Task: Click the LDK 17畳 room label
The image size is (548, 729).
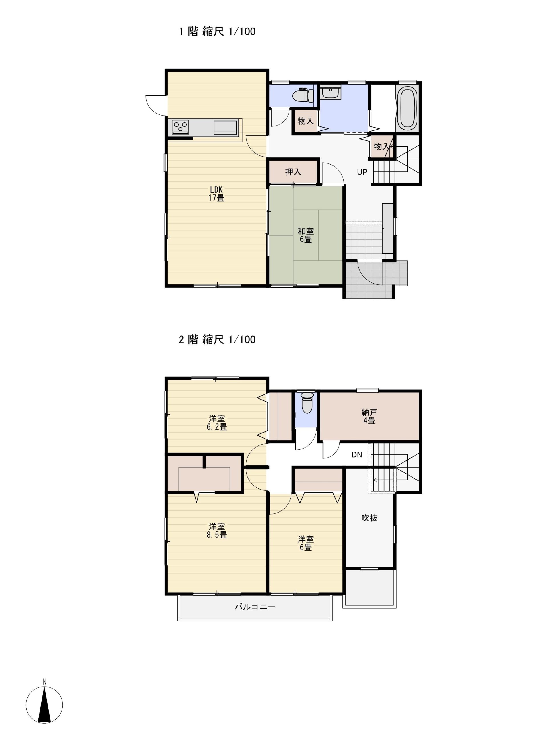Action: coord(216,194)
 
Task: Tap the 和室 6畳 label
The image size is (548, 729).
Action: coord(306,235)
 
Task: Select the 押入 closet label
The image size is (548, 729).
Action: coord(293,172)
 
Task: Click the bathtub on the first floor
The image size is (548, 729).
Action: coord(407,109)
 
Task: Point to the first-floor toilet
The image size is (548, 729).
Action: coord(303,95)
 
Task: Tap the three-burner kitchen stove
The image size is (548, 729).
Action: coord(180,126)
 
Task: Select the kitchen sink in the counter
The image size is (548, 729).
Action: coord(225,127)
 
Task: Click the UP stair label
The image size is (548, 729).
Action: coord(362,172)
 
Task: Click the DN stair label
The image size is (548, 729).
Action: coord(357,455)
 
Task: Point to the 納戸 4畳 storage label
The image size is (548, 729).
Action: coord(369,417)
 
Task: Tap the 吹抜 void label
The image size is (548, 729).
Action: coord(369,518)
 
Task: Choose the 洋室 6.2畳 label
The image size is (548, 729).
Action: coord(217,423)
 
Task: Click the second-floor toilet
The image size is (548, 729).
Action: coord(307,402)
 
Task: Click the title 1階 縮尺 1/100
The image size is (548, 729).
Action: coord(217,32)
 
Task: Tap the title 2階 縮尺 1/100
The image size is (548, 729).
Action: coord(217,339)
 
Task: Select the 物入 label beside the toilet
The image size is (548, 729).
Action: coord(306,121)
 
